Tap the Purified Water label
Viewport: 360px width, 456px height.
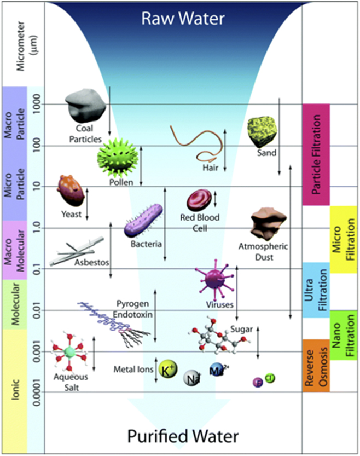point(183,436)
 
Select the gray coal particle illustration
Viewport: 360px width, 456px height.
point(84,104)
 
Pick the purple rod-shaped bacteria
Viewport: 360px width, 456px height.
point(143,220)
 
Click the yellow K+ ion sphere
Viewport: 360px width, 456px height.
point(167,371)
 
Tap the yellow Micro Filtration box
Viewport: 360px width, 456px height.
point(343,240)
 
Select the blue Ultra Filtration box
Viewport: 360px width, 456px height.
point(316,290)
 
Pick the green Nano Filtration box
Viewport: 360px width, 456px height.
point(343,336)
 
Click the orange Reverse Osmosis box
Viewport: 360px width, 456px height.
point(316,366)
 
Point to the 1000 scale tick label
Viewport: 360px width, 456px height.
point(37,105)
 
